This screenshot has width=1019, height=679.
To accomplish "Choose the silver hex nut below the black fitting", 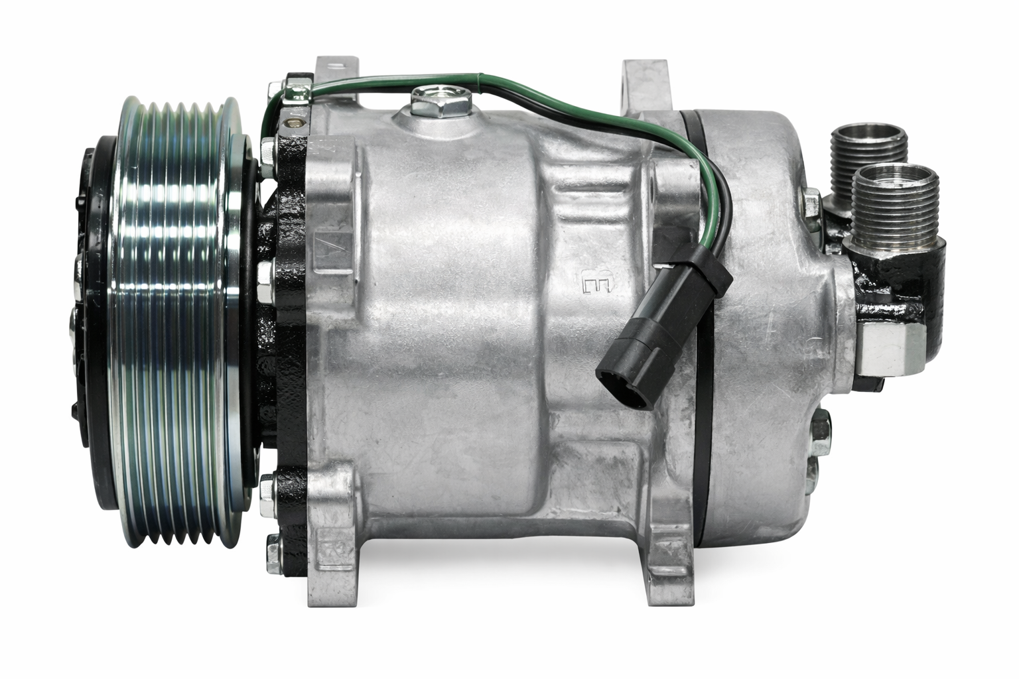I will [x=890, y=347].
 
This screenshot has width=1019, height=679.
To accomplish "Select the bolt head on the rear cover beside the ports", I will [x=811, y=202].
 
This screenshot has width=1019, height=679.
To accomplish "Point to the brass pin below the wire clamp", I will [x=295, y=122].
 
